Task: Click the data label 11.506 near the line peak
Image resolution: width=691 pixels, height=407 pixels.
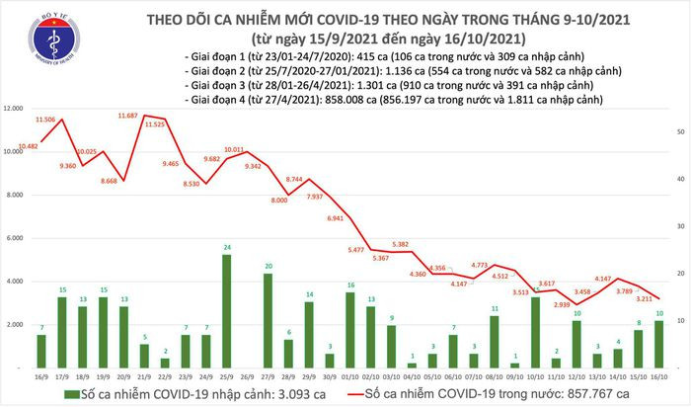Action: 46,119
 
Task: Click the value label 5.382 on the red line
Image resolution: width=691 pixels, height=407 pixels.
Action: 400,243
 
